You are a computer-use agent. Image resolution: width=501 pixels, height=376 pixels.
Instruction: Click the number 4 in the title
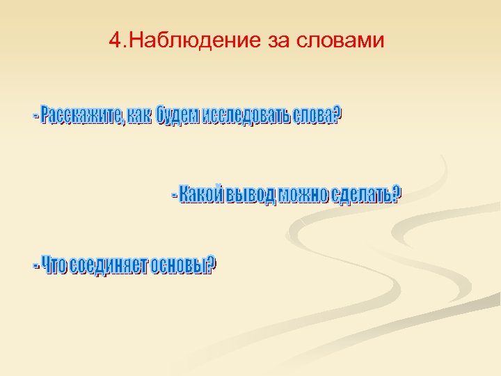point(115,40)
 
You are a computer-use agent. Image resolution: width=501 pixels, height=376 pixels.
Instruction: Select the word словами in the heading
point(340,40)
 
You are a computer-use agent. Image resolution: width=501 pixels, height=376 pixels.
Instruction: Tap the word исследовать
point(246,117)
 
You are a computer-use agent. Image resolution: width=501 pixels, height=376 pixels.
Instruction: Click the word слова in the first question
point(312,117)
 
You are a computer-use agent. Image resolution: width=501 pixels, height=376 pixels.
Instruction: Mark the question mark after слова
point(338,116)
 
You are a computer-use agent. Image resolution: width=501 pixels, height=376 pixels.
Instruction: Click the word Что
point(54,266)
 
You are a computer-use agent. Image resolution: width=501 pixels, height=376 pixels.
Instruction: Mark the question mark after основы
point(212,265)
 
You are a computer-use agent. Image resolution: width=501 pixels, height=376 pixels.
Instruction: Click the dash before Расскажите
point(35,118)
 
